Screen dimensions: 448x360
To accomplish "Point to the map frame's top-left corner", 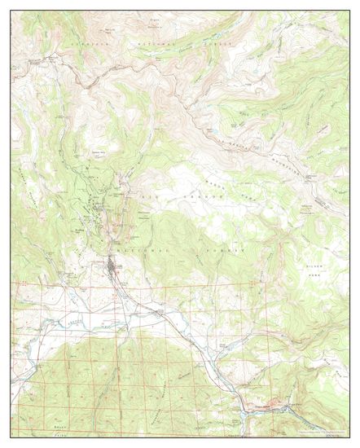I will (x=11, y=10).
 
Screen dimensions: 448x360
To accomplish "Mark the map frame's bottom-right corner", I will (x=349, y=438).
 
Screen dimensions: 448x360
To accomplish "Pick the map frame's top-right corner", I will (x=349, y=10).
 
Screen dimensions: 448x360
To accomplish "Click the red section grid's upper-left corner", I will (x=11, y=283).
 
